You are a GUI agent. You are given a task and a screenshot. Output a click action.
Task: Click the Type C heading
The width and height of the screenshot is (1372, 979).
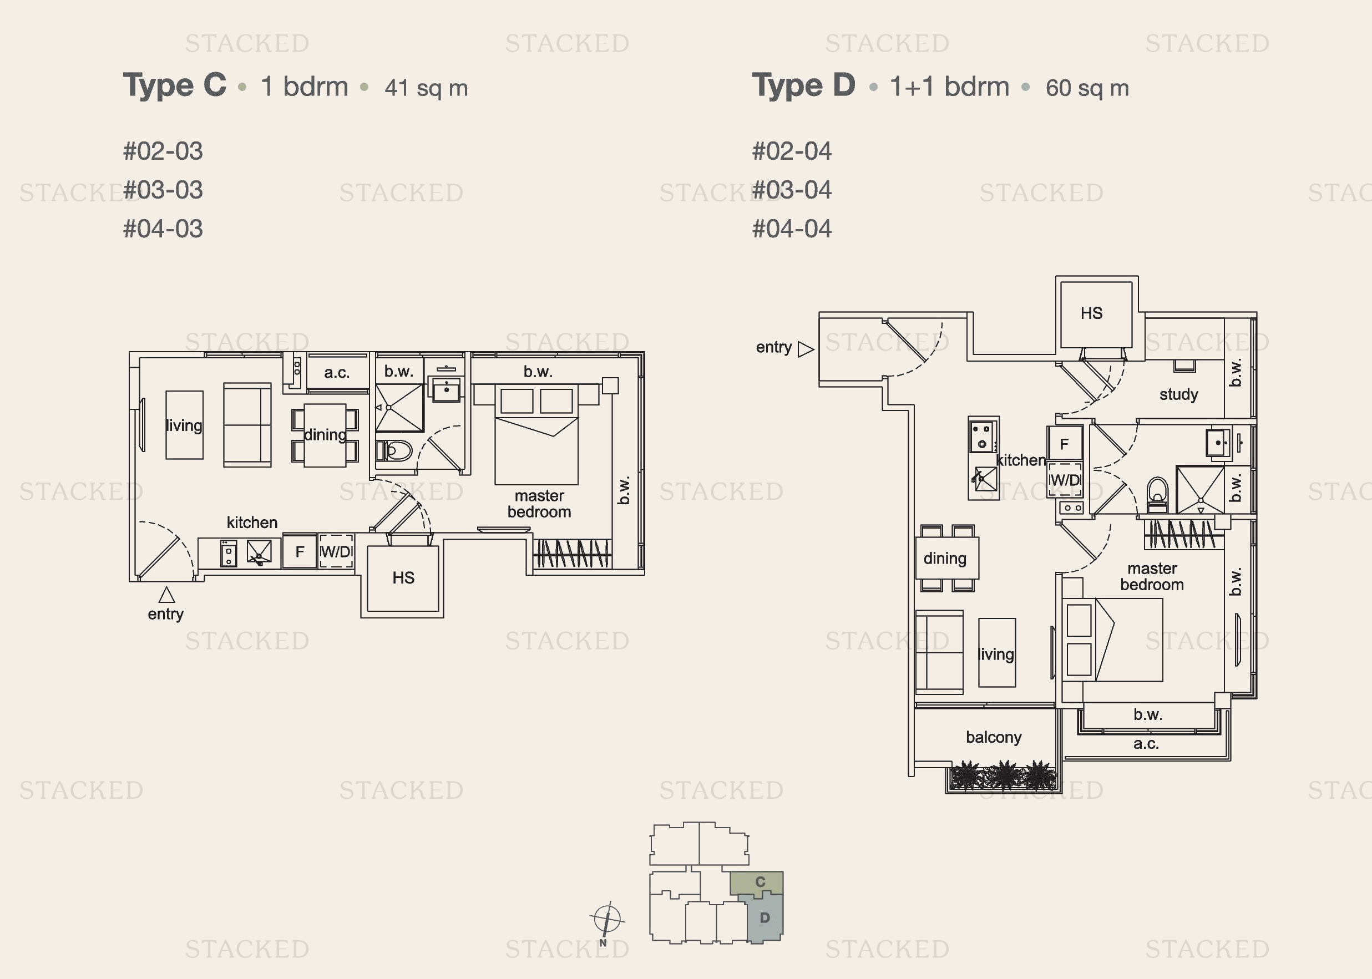pyautogui.click(x=175, y=85)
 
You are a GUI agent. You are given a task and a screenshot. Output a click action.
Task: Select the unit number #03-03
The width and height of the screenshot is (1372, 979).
pyautogui.click(x=163, y=190)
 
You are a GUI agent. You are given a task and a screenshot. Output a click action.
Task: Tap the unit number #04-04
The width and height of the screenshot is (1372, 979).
pyautogui.click(x=792, y=229)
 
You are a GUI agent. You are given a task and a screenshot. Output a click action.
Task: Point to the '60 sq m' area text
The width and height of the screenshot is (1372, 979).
pyautogui.click(x=1087, y=88)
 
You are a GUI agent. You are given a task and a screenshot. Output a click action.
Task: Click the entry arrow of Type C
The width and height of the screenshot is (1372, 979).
pyautogui.click(x=167, y=595)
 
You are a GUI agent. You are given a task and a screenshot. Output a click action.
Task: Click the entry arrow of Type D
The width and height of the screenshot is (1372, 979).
pyautogui.click(x=806, y=349)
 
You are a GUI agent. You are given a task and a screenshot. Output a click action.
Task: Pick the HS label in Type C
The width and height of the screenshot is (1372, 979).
pyautogui.click(x=403, y=578)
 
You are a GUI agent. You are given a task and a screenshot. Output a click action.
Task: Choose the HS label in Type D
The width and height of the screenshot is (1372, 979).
pyautogui.click(x=1091, y=313)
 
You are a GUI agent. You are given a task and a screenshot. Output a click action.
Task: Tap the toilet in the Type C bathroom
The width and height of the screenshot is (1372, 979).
pyautogui.click(x=394, y=450)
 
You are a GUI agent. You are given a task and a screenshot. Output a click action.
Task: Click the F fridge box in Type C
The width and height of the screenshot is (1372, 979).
pyautogui.click(x=300, y=551)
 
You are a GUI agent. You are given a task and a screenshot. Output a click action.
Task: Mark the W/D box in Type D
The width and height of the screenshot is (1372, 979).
pyautogui.click(x=1065, y=480)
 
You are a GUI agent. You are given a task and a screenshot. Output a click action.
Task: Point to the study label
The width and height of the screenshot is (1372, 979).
pyautogui.click(x=1178, y=395)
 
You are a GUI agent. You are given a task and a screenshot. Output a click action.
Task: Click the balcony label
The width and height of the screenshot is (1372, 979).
pyautogui.click(x=994, y=737)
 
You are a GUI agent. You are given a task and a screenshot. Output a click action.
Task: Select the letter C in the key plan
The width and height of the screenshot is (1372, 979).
pyautogui.click(x=760, y=882)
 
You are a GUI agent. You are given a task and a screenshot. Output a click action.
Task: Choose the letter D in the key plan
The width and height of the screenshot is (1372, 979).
pyautogui.click(x=765, y=918)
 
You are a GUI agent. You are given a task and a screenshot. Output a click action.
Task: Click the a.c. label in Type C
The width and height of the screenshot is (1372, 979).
pyautogui.click(x=336, y=373)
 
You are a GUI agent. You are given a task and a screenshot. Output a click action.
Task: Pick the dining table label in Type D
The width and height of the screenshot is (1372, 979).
pyautogui.click(x=945, y=559)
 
